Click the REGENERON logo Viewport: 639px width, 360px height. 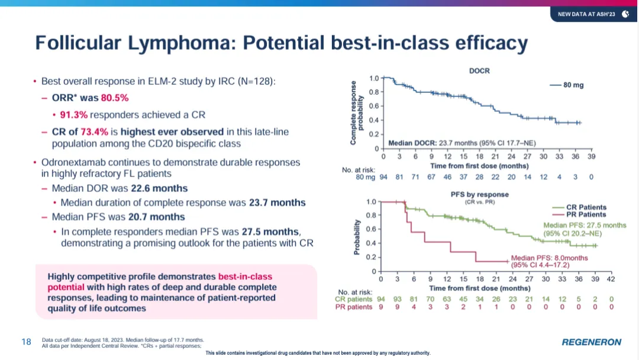591,342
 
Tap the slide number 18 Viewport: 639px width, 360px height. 26,342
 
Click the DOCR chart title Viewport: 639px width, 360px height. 479,71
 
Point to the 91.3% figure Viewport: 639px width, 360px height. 74,114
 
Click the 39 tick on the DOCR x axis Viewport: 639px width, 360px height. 591,157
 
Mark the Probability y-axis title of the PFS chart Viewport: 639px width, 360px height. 357,237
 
